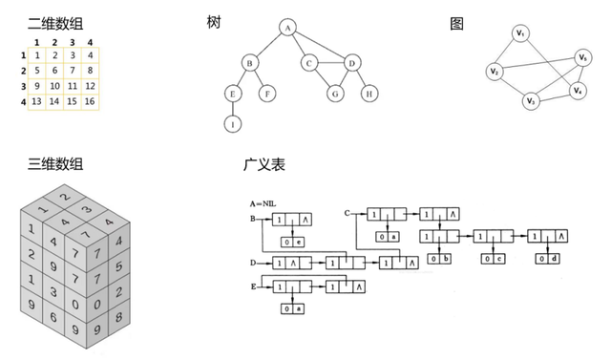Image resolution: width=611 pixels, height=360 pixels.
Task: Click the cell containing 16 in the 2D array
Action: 90,101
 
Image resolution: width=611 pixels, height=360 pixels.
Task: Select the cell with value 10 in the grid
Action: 54,86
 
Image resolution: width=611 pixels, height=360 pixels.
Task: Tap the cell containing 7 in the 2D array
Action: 73,71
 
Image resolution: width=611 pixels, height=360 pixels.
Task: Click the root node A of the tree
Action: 287,28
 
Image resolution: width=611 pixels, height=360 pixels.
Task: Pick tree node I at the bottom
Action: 233,124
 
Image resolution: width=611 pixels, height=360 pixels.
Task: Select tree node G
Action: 335,94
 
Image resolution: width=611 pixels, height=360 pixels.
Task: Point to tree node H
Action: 369,94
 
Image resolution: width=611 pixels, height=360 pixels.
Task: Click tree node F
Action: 267,94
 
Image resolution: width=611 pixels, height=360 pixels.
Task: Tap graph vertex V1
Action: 520,33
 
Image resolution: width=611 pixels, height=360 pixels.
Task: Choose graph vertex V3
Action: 531,101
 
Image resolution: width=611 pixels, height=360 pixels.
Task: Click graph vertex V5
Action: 583,57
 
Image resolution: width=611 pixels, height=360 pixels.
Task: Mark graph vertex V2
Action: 495,72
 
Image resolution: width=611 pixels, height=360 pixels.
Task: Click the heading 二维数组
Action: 55,23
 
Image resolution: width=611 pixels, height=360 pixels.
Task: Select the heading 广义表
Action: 264,164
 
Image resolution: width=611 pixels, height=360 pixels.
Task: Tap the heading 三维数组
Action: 55,163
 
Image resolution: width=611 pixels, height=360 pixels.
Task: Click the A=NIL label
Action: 263,203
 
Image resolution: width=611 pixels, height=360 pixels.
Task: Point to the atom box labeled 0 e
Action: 293,243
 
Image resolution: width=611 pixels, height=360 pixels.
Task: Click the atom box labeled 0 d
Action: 547,259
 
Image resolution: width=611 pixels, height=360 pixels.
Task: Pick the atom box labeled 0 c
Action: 494,259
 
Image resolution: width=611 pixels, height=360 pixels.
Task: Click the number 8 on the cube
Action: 118,316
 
